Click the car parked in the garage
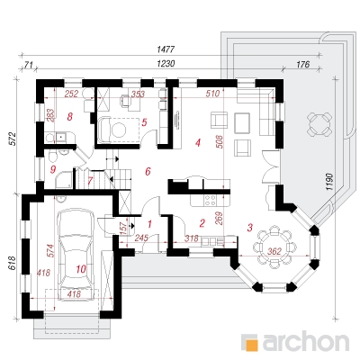[76, 255]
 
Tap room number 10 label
[81, 269]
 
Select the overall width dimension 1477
[166, 49]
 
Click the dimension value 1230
[166, 64]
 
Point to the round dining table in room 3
[274, 247]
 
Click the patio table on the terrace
[320, 123]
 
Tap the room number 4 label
[197, 143]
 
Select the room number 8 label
[69, 116]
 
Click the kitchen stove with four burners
[210, 201]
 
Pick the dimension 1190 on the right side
[329, 181]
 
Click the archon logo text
[306, 341]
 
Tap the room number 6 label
[148, 172]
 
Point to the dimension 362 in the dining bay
[274, 251]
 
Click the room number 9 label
[53, 170]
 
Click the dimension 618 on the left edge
[13, 264]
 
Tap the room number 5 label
[144, 122]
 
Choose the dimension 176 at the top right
[302, 64]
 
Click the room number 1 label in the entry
[149, 223]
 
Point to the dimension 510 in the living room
[212, 94]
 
